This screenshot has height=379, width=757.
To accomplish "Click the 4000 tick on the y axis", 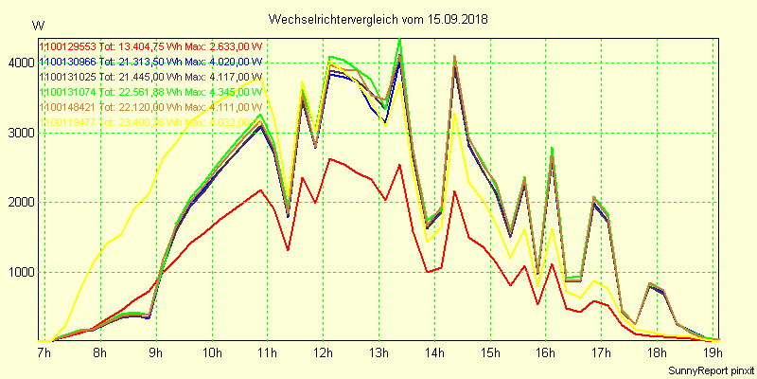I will (19, 63).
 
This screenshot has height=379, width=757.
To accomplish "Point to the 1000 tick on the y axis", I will (19, 273).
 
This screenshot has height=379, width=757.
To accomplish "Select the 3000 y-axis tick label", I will (19, 133).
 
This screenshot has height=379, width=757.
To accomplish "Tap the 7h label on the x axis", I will (44, 353).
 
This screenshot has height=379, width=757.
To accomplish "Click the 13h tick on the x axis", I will (378, 353).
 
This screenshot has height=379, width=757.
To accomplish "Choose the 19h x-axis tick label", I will (713, 353).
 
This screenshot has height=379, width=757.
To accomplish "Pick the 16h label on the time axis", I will (546, 353).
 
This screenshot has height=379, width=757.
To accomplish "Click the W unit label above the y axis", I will (37, 25).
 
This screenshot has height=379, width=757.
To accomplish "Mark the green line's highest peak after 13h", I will (400, 40).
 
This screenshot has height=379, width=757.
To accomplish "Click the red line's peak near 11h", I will (261, 189).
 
